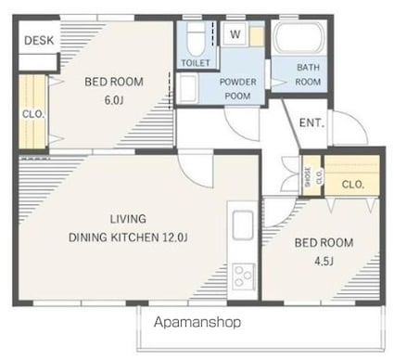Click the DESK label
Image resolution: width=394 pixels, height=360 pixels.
click(x=39, y=40)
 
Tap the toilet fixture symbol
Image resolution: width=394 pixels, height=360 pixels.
click(x=196, y=39)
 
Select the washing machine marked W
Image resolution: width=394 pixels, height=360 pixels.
click(x=235, y=33)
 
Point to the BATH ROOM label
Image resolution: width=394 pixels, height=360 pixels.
click(x=308, y=74)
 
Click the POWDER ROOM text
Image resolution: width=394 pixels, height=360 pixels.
click(x=237, y=89)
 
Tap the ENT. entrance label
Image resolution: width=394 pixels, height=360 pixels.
click(x=311, y=123)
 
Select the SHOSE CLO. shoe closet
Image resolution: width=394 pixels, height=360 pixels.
click(x=312, y=175)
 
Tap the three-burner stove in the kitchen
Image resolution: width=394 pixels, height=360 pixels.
click(x=243, y=276)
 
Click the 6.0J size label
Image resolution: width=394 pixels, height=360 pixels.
click(x=114, y=100)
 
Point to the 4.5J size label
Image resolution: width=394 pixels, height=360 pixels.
click(x=324, y=262)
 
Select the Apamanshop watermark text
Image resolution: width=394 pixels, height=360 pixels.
click(x=197, y=322)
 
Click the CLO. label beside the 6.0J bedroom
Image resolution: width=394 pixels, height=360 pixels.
click(x=33, y=114)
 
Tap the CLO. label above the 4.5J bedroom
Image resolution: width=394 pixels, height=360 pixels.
click(x=353, y=185)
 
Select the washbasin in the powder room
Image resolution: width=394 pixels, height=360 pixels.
click(x=188, y=89)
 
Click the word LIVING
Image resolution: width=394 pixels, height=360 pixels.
click(x=128, y=219)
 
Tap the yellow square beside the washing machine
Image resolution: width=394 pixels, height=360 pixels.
click(x=257, y=36)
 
